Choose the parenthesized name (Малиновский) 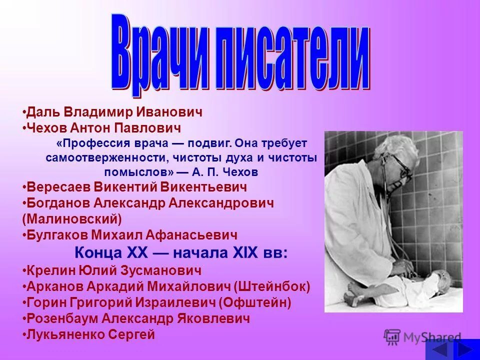coord(72,218)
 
